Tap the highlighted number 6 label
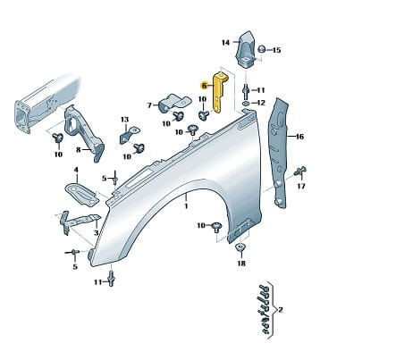(x=204, y=86)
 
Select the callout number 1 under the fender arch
(x=186, y=205)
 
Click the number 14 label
(x=226, y=43)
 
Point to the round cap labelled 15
(x=261, y=49)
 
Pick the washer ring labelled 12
(x=246, y=103)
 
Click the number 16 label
(x=299, y=137)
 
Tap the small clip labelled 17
(x=299, y=172)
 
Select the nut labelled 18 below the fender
(x=240, y=247)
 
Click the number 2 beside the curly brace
(x=280, y=310)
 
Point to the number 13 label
(x=125, y=120)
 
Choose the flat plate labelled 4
(x=81, y=195)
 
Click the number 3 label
(x=96, y=232)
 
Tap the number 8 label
(x=79, y=149)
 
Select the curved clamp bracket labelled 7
(x=173, y=104)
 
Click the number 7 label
(x=149, y=105)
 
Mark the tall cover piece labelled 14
(x=245, y=49)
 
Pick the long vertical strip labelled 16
(x=279, y=152)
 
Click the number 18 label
(x=241, y=264)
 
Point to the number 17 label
(x=301, y=186)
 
